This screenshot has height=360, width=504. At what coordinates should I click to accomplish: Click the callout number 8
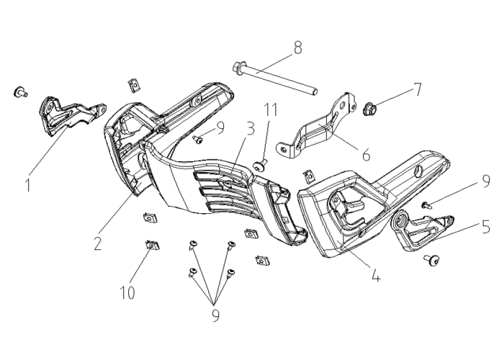tap(297, 48)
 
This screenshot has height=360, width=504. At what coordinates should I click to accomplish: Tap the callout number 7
tap(417, 89)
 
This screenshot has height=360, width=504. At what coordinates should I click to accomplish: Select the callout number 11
tap(271, 109)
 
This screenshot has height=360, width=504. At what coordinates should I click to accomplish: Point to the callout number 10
tap(127, 292)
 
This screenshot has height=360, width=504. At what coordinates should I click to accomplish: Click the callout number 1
tap(28, 185)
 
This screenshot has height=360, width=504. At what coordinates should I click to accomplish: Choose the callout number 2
tap(98, 243)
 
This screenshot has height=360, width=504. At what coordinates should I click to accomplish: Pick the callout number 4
tap(375, 276)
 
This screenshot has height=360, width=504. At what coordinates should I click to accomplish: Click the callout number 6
tap(366, 155)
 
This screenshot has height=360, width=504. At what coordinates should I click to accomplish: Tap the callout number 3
tap(250, 129)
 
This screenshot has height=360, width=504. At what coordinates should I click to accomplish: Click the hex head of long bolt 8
tap(237, 68)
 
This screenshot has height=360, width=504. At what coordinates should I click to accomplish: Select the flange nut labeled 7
tap(369, 109)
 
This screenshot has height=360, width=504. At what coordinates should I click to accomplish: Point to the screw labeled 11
tap(261, 166)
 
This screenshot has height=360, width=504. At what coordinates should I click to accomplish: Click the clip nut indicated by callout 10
tap(152, 246)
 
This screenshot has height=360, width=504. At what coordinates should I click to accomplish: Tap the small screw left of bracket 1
tap(21, 92)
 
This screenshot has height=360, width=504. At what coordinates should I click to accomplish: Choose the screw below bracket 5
tap(432, 260)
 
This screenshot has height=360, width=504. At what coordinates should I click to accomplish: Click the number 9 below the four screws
tap(216, 315)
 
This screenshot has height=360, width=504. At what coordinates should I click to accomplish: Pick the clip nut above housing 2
tap(135, 86)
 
